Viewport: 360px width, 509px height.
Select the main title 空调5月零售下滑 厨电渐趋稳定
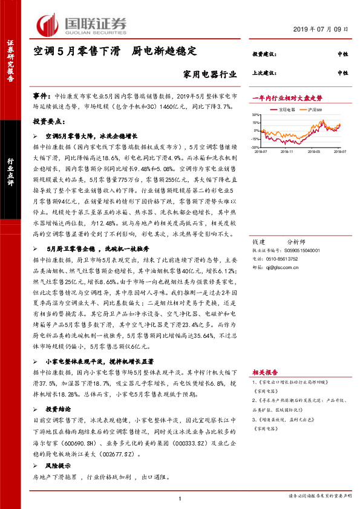coord(115,53)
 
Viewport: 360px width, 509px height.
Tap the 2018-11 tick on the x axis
coord(287,152)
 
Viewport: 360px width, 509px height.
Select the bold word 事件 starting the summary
coord(41,96)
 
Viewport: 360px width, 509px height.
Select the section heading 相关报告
coord(264,372)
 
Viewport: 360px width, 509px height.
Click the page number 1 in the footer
coord(180,498)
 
